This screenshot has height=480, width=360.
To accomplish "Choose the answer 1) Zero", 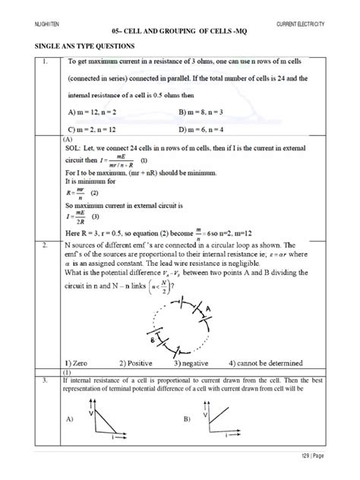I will (82, 362).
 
